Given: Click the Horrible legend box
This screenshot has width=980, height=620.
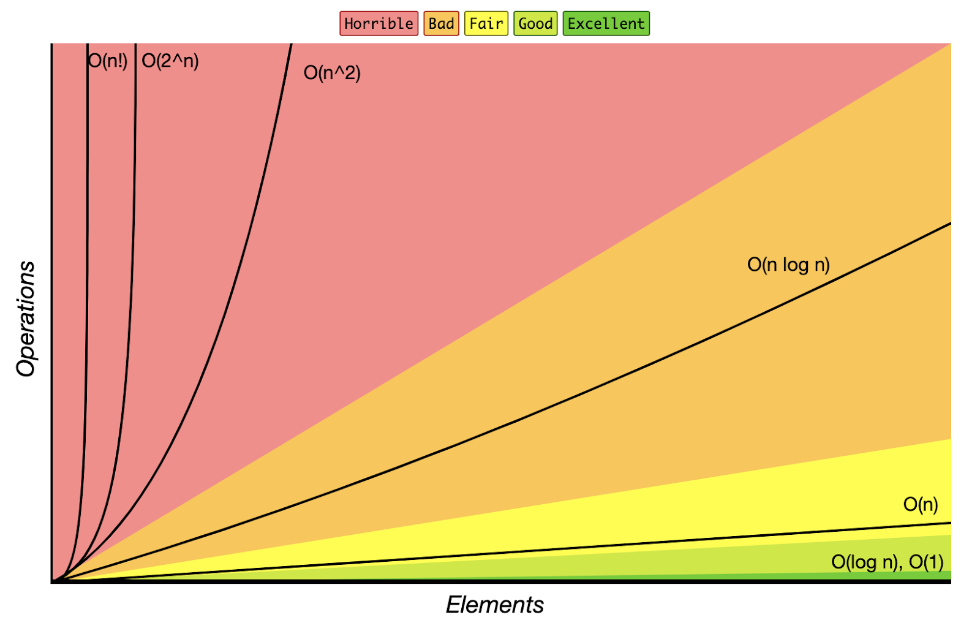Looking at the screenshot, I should [x=379, y=24].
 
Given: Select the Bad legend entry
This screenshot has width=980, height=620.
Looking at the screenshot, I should [x=441, y=24].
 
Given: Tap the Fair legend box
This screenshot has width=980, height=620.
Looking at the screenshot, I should [x=486, y=24].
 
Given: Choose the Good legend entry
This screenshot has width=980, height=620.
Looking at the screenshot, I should [x=535, y=24].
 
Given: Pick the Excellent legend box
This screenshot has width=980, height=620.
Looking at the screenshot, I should [x=606, y=24].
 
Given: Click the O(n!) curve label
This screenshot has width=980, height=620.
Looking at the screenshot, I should [x=108, y=61].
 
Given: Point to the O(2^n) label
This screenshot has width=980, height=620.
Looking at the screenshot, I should [x=170, y=61].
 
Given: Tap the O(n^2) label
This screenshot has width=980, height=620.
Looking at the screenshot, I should [x=332, y=73].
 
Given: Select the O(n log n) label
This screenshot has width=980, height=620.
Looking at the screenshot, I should [x=788, y=265].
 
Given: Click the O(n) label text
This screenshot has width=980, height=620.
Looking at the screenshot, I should [x=920, y=504].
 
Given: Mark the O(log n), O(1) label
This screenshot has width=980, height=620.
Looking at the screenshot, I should [x=887, y=562].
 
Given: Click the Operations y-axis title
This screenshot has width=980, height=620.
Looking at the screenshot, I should [x=26, y=319].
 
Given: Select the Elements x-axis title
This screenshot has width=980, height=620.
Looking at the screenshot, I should [x=495, y=605].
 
